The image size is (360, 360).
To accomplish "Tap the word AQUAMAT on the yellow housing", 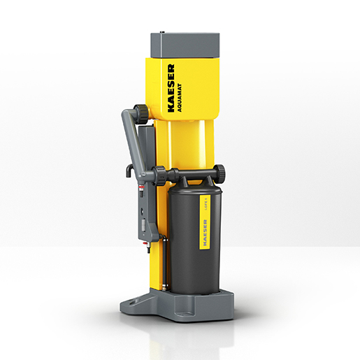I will click(180, 92).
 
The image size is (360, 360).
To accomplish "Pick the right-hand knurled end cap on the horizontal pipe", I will click(219, 173).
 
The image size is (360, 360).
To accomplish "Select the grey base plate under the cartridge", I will click(182, 304).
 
